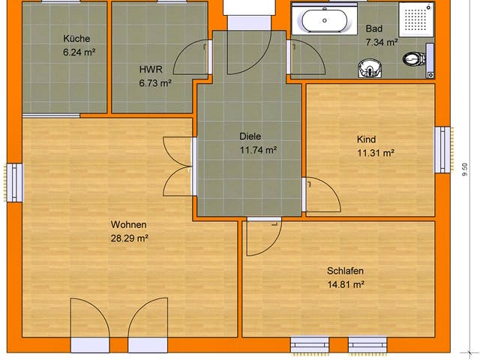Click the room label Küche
[x=77, y=38]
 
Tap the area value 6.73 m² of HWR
[x=155, y=83]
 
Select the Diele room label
[x=250, y=136]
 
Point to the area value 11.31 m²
[x=375, y=154]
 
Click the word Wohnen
[x=128, y=225]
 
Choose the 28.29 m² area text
[x=128, y=239]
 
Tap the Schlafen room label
[x=345, y=271]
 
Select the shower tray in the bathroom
[x=415, y=19]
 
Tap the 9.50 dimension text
[x=465, y=174]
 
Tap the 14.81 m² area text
[x=345, y=285]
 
